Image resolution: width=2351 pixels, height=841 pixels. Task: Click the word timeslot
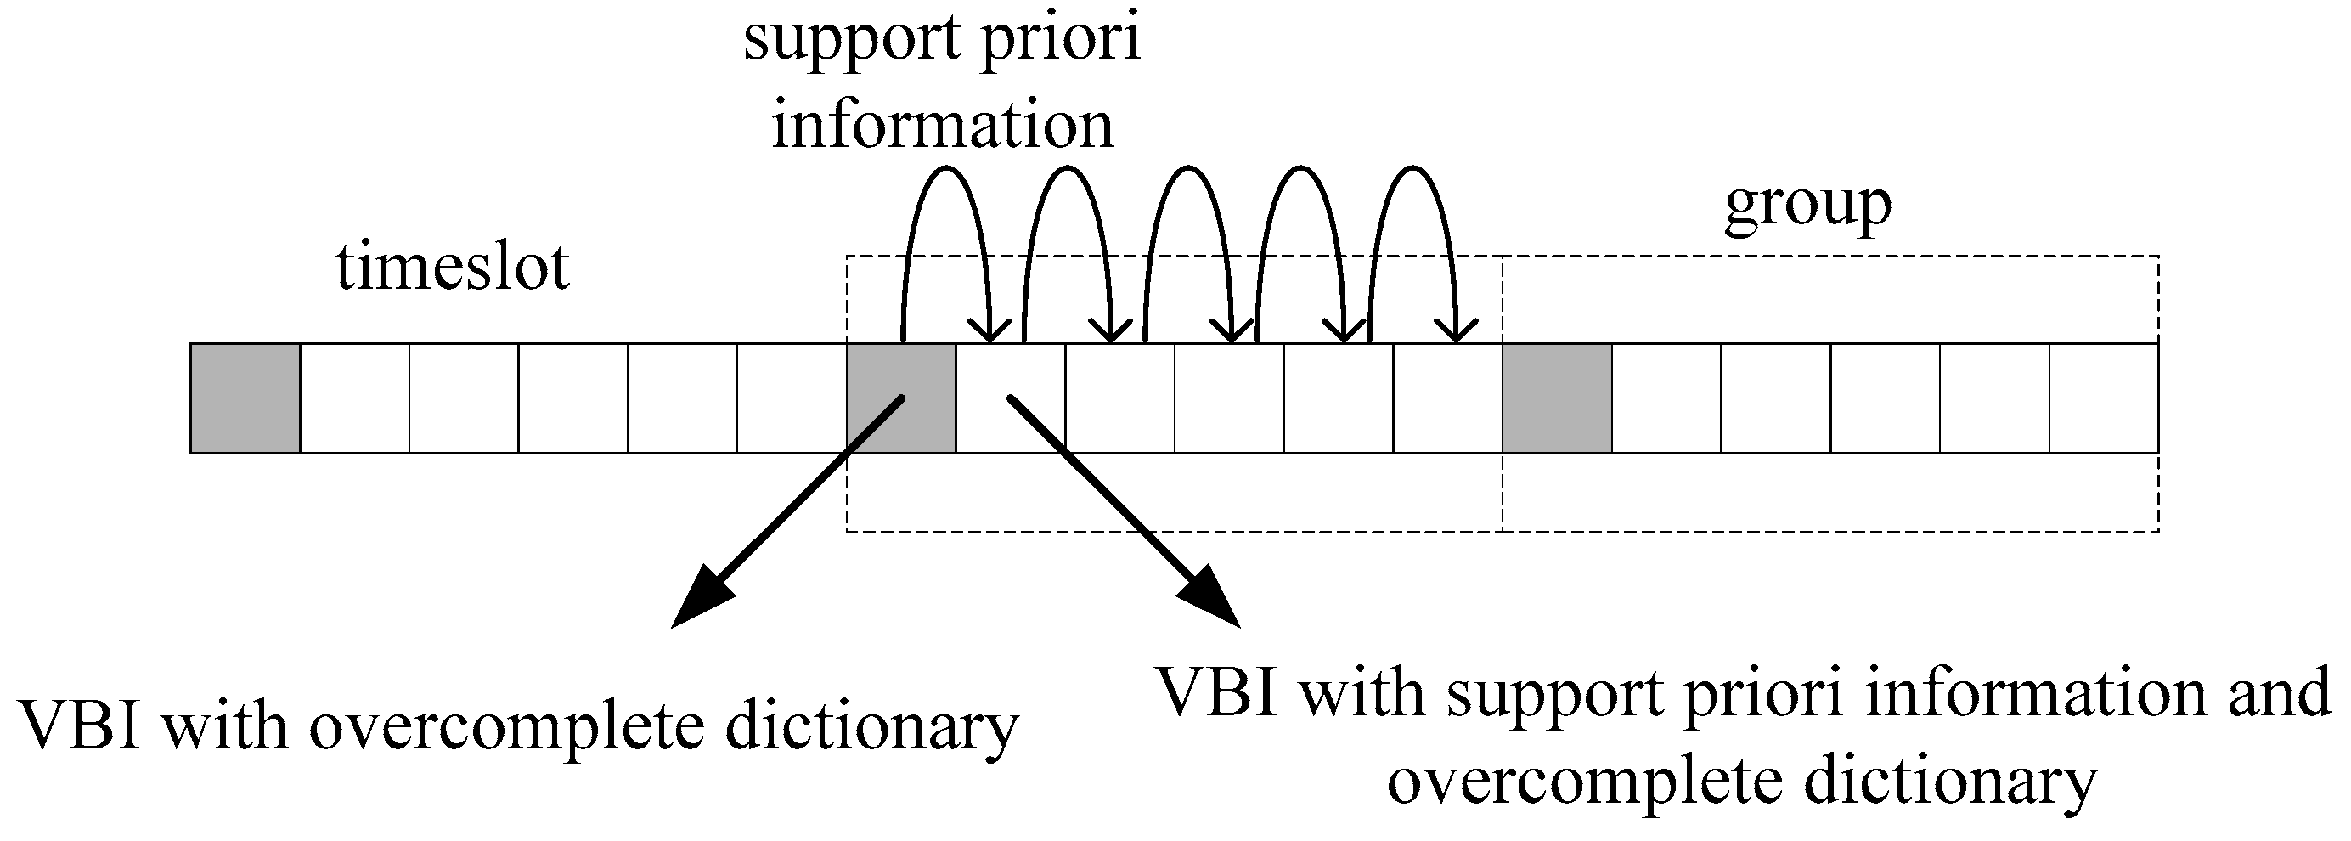pos(453,268)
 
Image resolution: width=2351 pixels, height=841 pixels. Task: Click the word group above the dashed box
pos(1808,206)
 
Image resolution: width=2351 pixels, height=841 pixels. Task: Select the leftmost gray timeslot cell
pos(245,398)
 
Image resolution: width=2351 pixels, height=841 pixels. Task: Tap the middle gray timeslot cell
pos(901,398)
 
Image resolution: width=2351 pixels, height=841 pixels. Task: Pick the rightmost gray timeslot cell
pos(1556,398)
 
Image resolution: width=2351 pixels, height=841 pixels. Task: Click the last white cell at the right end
pos(2104,398)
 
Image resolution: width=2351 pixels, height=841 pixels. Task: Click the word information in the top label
pos(943,125)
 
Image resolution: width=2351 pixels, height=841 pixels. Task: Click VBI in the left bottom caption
pos(78,727)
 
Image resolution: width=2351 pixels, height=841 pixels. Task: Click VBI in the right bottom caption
pos(1219,692)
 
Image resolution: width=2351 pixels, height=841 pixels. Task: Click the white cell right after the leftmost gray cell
pos(354,398)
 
